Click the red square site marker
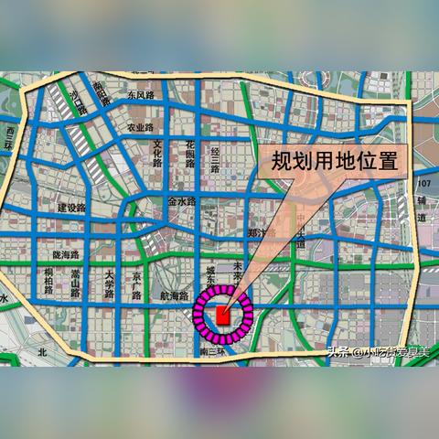pos(222,315)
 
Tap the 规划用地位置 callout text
pos(334,164)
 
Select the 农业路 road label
pos(142,128)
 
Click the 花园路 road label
pos(190,155)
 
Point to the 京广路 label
pos(136,285)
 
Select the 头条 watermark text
pos(339,350)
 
